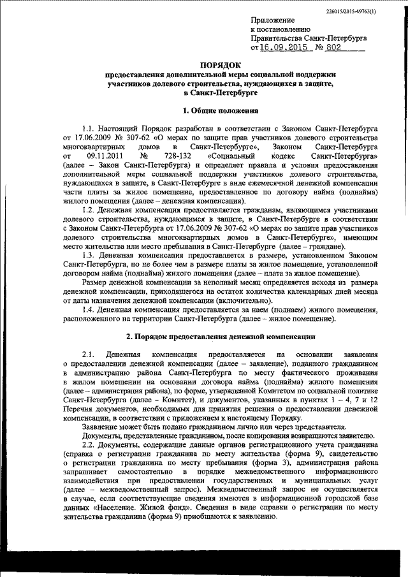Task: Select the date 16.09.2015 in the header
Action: pyautogui.click(x=282, y=47)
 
